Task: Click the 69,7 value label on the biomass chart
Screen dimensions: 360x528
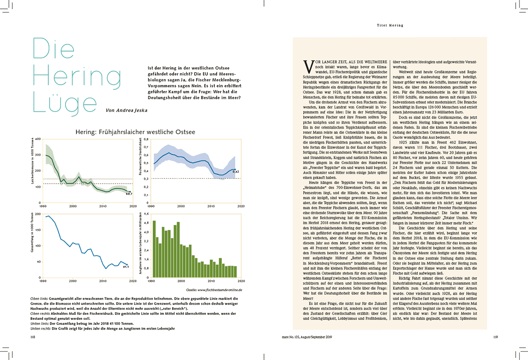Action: point(129,193)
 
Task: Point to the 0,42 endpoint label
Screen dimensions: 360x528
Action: point(237,172)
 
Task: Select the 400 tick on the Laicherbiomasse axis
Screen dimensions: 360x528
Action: point(38,139)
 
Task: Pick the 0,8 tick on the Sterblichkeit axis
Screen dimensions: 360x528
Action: point(146,139)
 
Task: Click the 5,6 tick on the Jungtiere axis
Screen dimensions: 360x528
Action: point(146,214)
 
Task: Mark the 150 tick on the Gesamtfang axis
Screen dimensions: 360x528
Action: point(38,230)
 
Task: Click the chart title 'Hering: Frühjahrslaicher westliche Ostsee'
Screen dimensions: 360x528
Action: point(135,132)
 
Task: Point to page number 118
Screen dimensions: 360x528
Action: point(33,337)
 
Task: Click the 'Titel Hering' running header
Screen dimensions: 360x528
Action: point(390,25)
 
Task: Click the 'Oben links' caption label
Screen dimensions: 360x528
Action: point(39,298)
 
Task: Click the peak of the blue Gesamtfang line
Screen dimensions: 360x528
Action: point(49,216)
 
